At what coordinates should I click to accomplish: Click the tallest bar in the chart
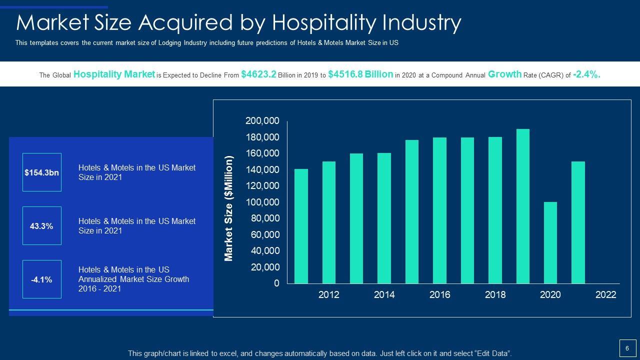[522, 206]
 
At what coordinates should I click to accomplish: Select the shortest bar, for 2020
[550, 242]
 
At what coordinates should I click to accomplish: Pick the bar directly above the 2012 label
[329, 222]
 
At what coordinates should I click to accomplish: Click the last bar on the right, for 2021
[578, 222]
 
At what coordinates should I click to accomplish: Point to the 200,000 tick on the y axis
[262, 121]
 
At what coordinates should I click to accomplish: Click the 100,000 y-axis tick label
[262, 202]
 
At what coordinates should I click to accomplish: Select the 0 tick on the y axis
[276, 283]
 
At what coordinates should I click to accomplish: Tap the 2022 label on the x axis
[605, 295]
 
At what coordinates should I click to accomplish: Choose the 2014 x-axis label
[384, 295]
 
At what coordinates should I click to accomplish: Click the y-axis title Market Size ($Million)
[229, 208]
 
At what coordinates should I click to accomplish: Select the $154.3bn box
[42, 172]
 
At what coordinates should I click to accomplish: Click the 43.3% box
[42, 226]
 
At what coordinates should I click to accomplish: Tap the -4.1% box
[42, 279]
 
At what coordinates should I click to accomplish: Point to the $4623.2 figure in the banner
[258, 74]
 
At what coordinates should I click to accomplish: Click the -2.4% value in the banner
[586, 74]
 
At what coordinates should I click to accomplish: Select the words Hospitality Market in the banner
[114, 74]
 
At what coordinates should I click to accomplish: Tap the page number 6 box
[627, 348]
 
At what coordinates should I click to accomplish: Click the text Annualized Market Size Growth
[133, 279]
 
